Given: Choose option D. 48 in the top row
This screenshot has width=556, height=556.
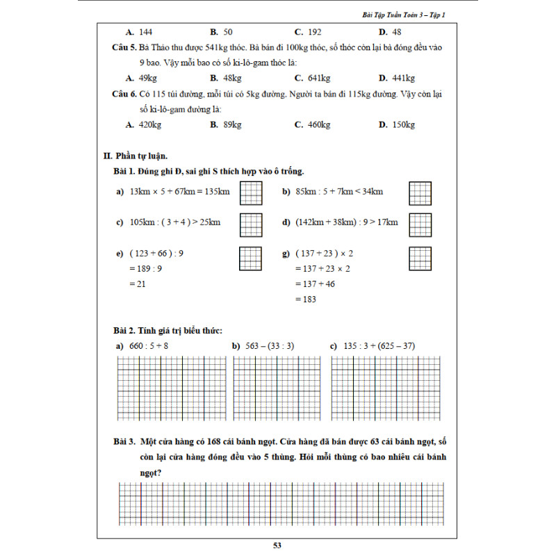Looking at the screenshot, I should point(390,32).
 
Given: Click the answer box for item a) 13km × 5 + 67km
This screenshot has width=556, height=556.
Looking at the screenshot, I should point(250,192).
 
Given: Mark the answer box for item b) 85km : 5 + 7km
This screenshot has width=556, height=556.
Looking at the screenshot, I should point(420,192).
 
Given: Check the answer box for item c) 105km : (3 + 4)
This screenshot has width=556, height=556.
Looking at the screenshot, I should point(250,223).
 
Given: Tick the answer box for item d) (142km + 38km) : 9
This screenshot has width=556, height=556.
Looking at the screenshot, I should point(420,223).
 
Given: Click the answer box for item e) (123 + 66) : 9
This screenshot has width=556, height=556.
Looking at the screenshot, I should point(250,259).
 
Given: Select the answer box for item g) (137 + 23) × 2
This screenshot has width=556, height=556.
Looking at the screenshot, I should point(420,259).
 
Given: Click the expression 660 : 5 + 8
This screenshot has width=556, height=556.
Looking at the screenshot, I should point(149,345).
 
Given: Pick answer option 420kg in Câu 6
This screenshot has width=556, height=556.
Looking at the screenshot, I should point(145,125).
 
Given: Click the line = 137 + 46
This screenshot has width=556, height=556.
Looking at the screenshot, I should point(316,284).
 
